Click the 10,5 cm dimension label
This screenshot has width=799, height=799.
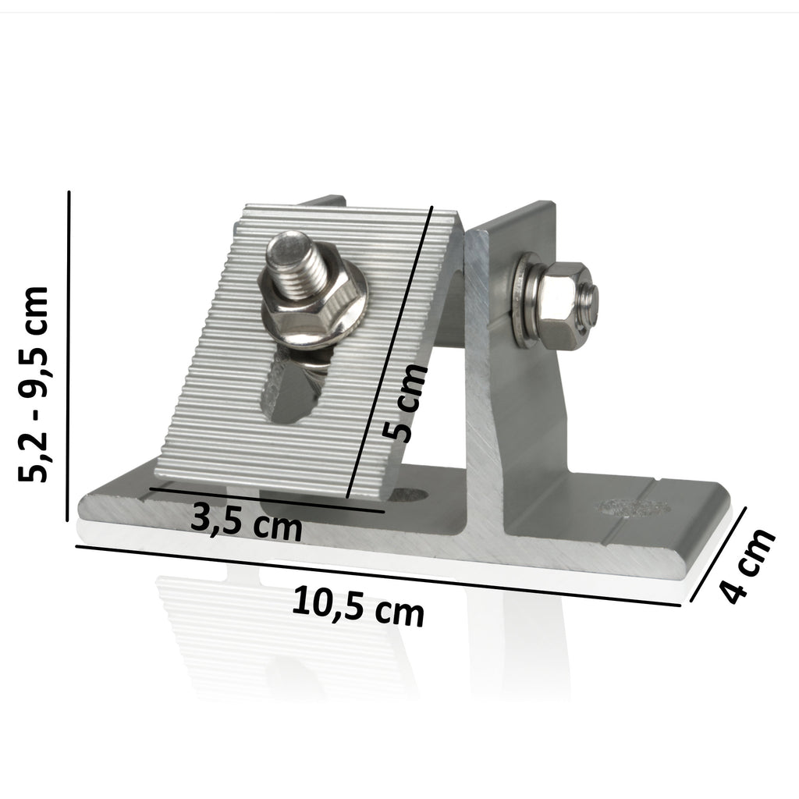pyautogui.click(x=359, y=606)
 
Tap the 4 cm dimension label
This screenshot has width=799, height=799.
pyautogui.click(x=748, y=566)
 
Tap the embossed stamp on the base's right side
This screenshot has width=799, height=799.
pyautogui.click(x=634, y=506)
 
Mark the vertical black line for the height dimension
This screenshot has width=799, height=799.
pyautogui.click(x=70, y=355)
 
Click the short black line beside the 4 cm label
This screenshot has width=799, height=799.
pyautogui.click(x=719, y=554)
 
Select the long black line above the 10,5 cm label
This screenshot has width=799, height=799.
pyautogui.click(x=382, y=573)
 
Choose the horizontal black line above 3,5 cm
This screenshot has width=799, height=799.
pyautogui.click(x=265, y=500)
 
